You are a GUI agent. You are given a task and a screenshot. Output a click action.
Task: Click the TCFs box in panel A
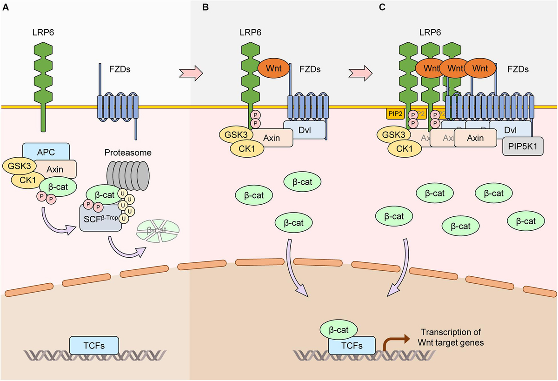[x=93, y=345]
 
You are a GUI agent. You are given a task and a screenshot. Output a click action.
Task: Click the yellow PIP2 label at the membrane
[x=393, y=114]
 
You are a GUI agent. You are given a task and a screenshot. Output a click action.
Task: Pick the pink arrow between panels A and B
[x=191, y=72]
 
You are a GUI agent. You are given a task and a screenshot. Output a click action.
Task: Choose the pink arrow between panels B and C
[x=361, y=72]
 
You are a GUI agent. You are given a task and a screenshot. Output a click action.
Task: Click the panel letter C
[x=382, y=8]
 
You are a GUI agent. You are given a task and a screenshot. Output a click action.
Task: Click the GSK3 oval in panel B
[x=237, y=135]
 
